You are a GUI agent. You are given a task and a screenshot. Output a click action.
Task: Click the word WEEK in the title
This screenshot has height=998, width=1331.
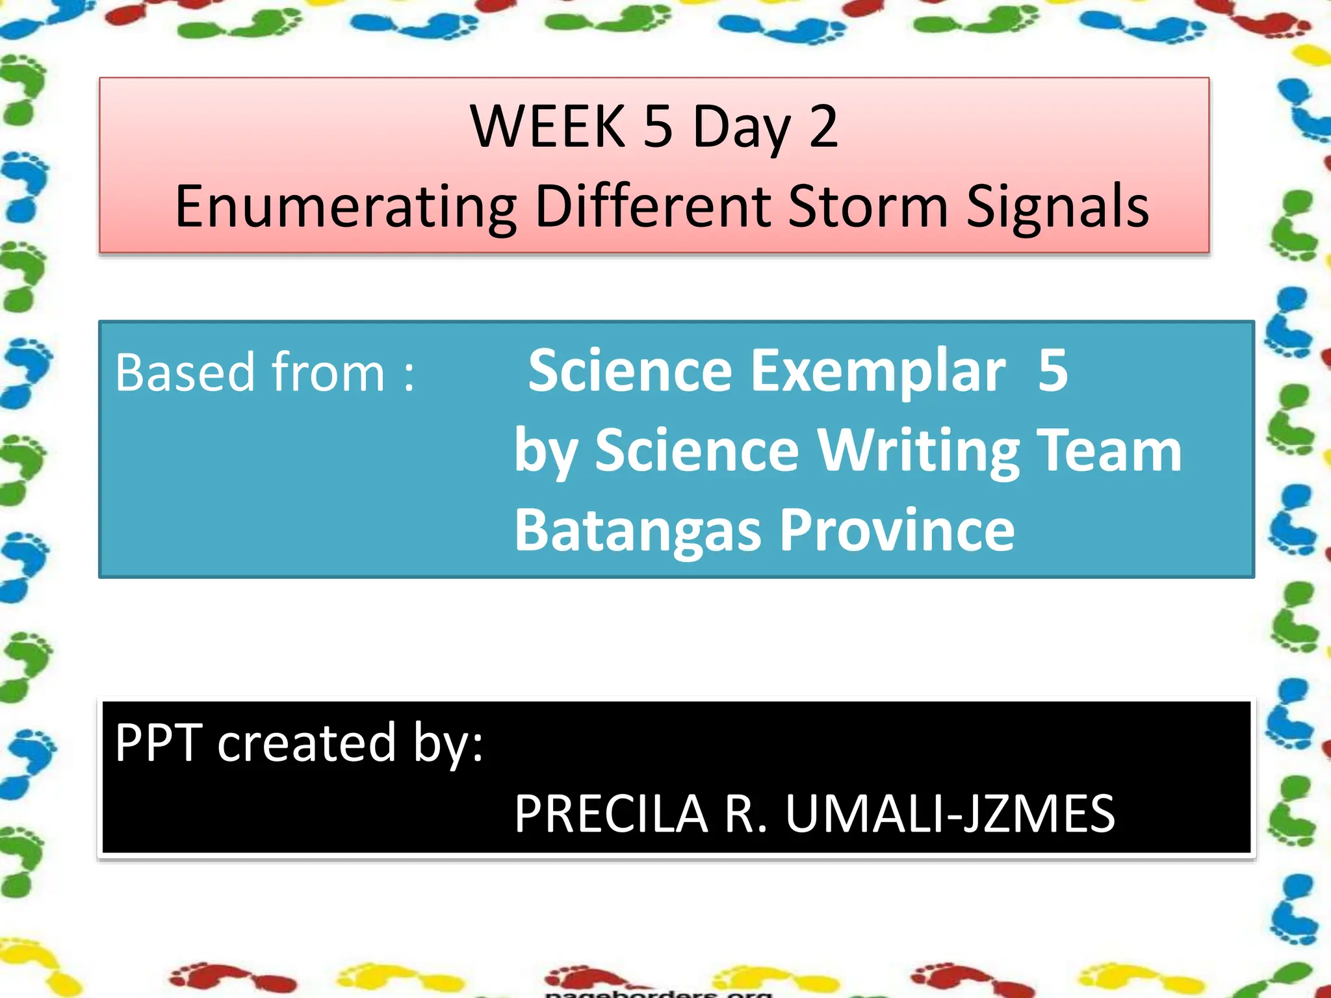pyautogui.click(x=547, y=126)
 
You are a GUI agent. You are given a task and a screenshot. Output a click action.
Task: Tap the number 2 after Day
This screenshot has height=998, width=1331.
pyautogui.click(x=823, y=126)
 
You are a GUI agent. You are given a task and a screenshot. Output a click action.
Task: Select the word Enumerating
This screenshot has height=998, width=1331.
pyautogui.click(x=346, y=207)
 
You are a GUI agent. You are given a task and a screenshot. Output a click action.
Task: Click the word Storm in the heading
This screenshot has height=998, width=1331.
pyautogui.click(x=868, y=207)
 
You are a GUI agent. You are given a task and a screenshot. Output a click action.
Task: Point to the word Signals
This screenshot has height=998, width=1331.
pyautogui.click(x=1057, y=207)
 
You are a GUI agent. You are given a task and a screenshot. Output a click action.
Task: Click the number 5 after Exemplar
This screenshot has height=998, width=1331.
pyautogui.click(x=1052, y=371)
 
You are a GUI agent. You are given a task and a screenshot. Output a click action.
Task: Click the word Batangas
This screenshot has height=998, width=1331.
pyautogui.click(x=637, y=531)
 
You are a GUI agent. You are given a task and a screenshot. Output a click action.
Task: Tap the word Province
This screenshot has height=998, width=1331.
pyautogui.click(x=897, y=531)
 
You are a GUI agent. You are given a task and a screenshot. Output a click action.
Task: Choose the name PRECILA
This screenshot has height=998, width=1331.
pyautogui.click(x=610, y=814)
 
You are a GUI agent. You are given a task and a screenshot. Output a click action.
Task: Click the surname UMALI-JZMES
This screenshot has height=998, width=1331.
pyautogui.click(x=950, y=814)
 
